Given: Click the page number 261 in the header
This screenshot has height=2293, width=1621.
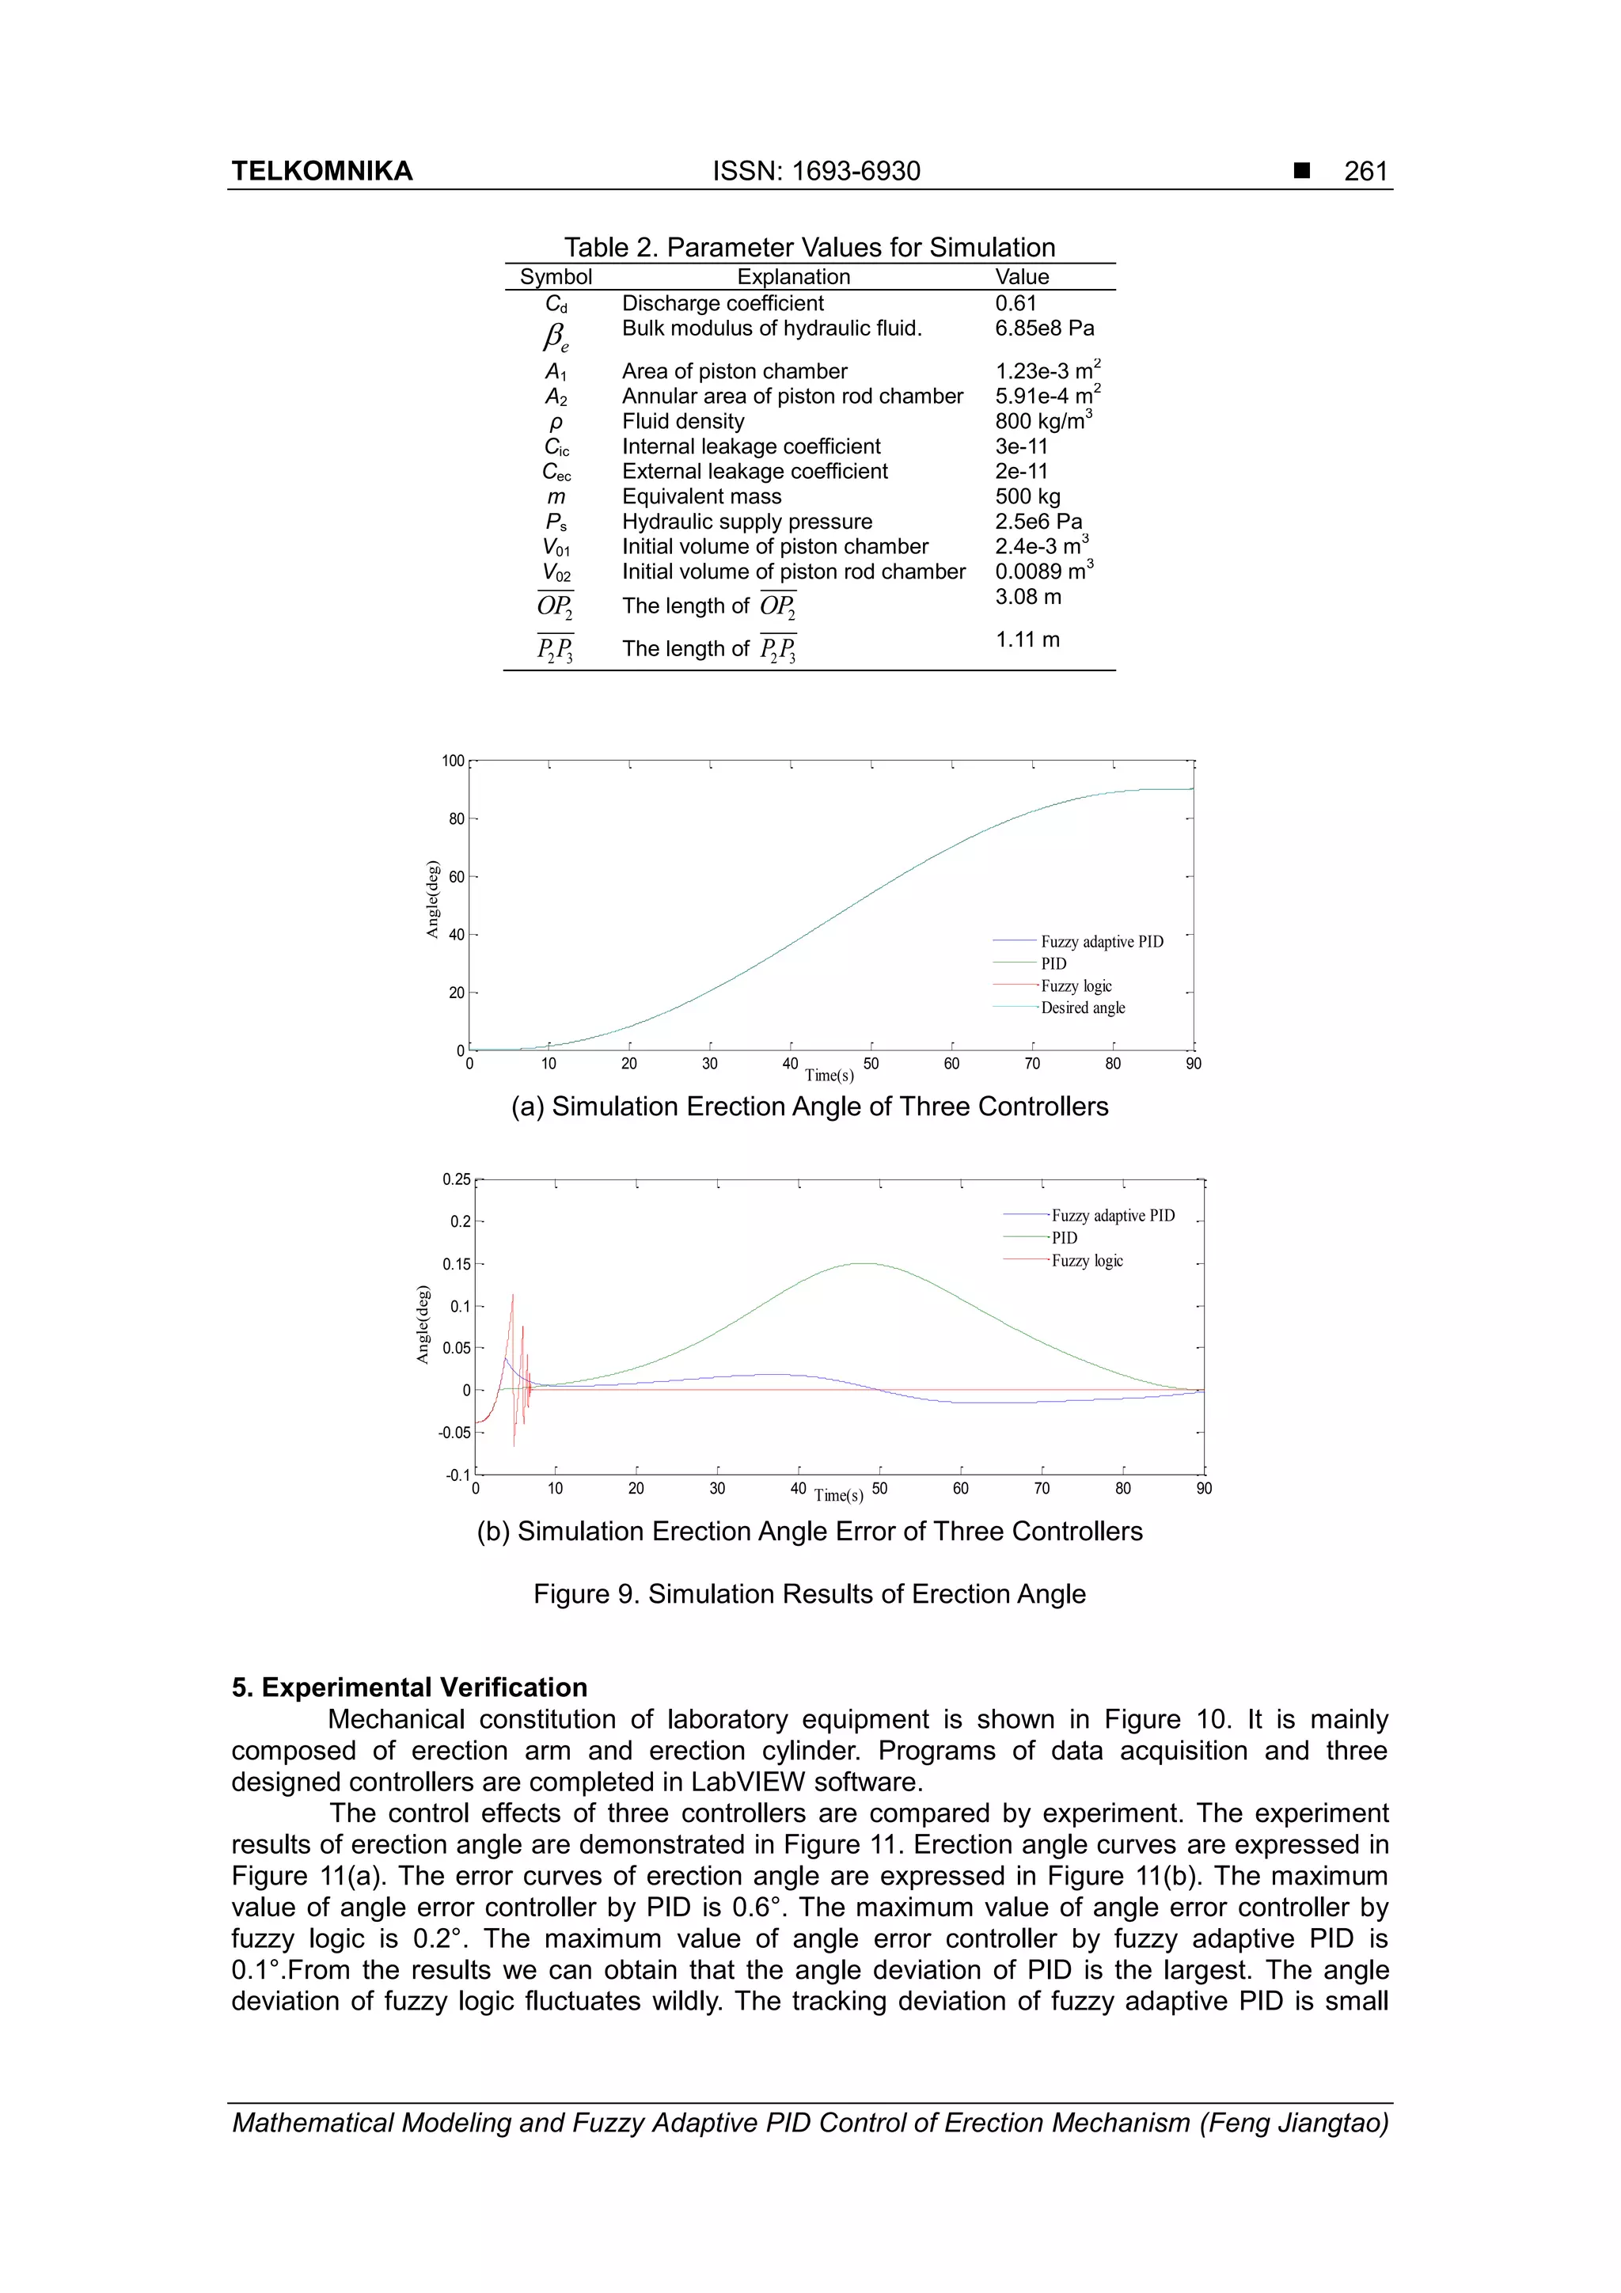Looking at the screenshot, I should (x=1365, y=171).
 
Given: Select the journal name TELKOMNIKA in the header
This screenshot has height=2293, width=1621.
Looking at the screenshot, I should (x=321, y=171).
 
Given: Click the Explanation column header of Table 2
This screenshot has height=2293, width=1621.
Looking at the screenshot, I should (x=793, y=277).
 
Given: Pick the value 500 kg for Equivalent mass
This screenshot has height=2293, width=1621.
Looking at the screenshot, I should (x=1027, y=496).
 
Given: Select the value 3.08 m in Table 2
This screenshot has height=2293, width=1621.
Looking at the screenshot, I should (x=1027, y=598).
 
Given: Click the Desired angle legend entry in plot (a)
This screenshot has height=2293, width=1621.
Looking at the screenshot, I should (x=1083, y=1008).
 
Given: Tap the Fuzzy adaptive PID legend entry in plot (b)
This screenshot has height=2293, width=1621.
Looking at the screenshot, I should (x=1113, y=1216).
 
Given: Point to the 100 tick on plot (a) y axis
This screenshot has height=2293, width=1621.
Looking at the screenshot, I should (x=454, y=761).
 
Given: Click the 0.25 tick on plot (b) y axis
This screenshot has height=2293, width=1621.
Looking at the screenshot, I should (x=457, y=1179).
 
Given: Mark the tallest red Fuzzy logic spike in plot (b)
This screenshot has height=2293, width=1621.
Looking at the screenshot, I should (x=514, y=1296).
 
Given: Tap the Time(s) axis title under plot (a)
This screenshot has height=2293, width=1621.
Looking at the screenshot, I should (x=829, y=1076).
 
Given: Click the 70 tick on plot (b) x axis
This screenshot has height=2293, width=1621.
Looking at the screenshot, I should (x=1042, y=1489).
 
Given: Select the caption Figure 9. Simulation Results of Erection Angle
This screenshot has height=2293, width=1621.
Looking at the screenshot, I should (x=809, y=1594).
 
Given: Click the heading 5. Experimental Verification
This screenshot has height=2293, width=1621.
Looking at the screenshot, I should (x=409, y=1687).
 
